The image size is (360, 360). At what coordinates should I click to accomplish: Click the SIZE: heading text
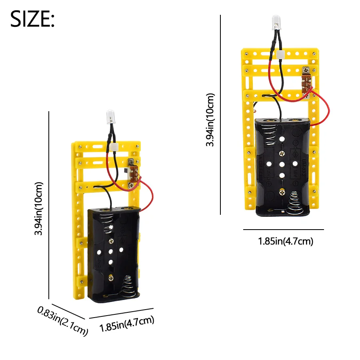32,19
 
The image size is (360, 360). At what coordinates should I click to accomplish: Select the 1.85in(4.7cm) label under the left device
126,324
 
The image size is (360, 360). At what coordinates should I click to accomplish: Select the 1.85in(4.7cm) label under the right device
285,241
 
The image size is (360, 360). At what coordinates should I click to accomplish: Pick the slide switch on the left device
132,172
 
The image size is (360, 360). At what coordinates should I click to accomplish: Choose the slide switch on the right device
306,82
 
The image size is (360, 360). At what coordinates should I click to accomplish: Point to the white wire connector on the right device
280,54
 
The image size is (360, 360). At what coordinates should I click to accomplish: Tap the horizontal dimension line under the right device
283,230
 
